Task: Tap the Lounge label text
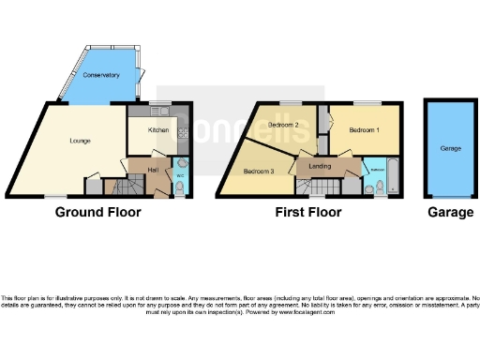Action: click(x=80, y=141)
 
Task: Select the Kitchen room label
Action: click(x=157, y=130)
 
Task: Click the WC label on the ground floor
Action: click(x=180, y=175)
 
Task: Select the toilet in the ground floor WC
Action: click(x=180, y=188)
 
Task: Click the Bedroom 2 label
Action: click(x=283, y=126)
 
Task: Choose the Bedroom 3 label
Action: click(x=259, y=172)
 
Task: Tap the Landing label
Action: click(x=311, y=167)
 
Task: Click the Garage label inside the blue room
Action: click(x=451, y=148)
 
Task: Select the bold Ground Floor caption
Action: click(x=98, y=213)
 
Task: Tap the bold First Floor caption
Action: click(x=307, y=213)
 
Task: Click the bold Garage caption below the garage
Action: click(x=450, y=213)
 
